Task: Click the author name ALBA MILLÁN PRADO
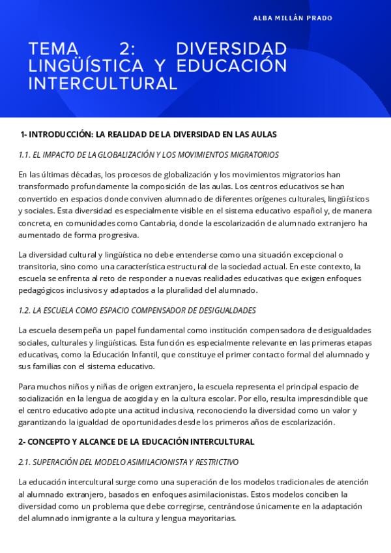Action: (x=293, y=18)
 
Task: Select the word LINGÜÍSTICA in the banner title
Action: (x=86, y=67)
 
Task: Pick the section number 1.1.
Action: (x=25, y=155)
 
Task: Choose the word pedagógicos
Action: (x=44, y=291)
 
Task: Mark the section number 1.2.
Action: (x=25, y=310)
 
